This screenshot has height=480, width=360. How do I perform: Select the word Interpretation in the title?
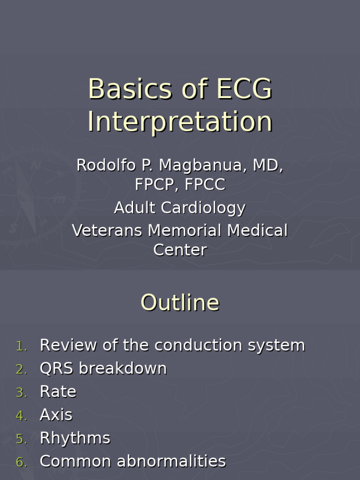[x=180, y=122]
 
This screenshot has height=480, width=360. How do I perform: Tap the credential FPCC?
[x=205, y=185]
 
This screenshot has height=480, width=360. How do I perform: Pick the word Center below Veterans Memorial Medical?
[x=180, y=250]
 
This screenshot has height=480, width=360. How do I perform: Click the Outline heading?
[x=180, y=303]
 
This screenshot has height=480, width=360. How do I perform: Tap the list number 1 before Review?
[x=21, y=346]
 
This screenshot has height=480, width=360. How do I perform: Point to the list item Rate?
[x=58, y=392]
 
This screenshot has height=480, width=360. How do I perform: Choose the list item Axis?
[x=56, y=415]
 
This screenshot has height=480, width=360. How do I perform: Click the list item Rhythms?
[x=75, y=438]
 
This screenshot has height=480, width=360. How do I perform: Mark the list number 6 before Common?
[x=21, y=462]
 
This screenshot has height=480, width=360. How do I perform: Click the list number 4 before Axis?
[x=21, y=416]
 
